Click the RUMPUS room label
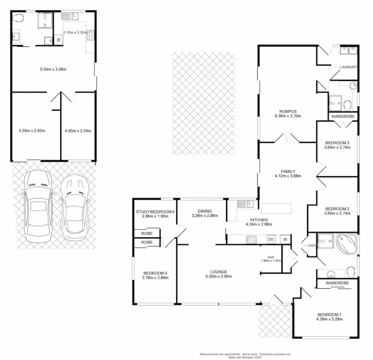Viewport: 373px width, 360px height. tap(288, 111)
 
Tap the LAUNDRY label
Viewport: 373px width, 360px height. tap(348, 67)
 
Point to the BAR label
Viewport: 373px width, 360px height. tap(271, 257)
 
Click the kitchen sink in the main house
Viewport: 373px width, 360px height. tap(245, 203)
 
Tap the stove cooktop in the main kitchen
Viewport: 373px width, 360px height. tap(251, 239)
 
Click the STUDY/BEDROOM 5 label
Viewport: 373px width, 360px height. tap(155, 212)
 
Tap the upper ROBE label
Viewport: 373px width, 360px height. tap(147, 234)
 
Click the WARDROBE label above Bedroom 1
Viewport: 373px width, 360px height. tap(337, 283)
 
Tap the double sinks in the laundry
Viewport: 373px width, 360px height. tap(348, 51)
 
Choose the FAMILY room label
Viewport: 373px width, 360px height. tap(288, 171)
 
